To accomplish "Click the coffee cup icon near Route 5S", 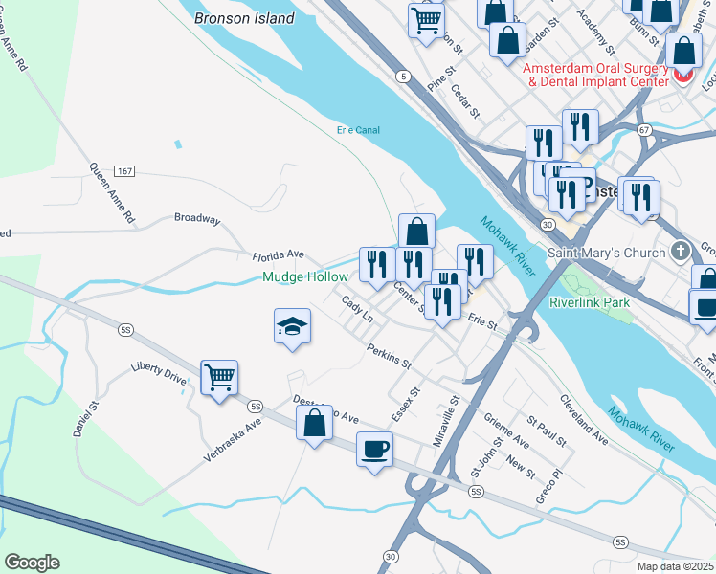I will pos(374,448).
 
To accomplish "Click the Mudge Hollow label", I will pos(305,277).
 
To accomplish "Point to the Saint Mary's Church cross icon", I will pos(681,252).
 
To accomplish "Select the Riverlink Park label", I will pos(589,302).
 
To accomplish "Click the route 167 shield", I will pos(123,170).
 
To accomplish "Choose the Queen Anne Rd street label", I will pos(113,192).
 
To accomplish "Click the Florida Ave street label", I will pos(278,255).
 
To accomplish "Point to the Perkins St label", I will pos(388,357).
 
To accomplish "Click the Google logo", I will pos(32,563).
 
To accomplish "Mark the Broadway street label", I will pos(197,218).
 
